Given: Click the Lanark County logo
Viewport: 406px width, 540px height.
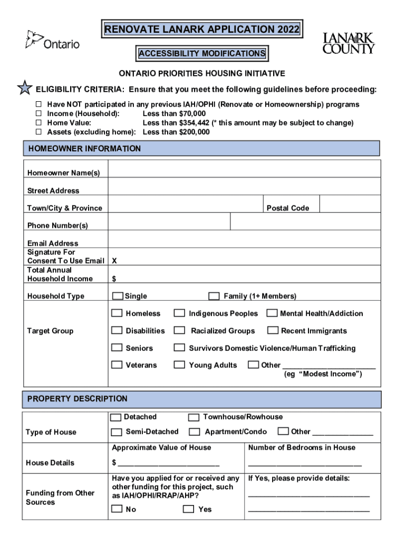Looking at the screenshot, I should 349,43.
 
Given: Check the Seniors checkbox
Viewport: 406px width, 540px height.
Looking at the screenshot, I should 117,348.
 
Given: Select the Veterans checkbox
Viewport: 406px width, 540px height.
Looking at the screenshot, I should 117,365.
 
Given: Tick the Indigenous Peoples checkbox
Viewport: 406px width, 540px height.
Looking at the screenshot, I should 180,313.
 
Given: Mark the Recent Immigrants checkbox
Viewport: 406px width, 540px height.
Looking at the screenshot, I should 273,331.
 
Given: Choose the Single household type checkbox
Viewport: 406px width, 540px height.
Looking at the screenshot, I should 117,296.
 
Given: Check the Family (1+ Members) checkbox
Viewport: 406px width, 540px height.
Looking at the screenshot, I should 214,296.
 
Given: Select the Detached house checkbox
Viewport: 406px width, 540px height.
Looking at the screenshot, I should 116,417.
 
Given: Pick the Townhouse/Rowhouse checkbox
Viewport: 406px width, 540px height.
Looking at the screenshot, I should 194,417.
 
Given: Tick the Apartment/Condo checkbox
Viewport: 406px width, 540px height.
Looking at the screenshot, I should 195,432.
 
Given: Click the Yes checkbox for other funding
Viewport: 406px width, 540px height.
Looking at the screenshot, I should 188,509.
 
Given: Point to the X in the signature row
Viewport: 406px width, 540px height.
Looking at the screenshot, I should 114,261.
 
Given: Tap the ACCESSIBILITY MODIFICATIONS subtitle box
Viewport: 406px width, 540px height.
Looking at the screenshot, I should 202,53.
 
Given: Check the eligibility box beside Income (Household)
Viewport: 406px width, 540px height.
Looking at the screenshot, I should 38,114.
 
